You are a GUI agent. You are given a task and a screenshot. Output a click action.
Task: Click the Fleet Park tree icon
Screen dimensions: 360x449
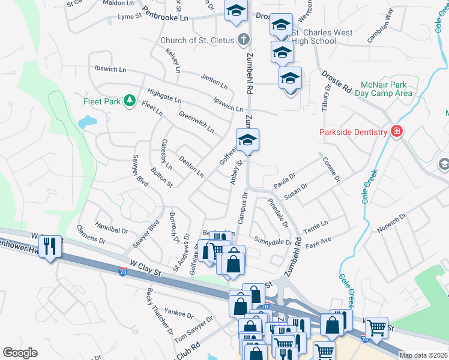click(x=128, y=101)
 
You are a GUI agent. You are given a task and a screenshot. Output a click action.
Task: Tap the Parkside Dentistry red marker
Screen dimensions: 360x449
click(x=396, y=131)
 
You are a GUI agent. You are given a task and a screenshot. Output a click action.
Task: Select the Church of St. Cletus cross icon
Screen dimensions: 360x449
click(x=243, y=41)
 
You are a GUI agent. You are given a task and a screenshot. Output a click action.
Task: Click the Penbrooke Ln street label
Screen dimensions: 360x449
click(x=166, y=14)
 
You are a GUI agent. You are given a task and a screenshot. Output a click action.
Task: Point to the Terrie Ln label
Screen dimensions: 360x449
click(x=316, y=225)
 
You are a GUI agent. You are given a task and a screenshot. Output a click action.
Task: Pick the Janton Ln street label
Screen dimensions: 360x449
click(x=214, y=80)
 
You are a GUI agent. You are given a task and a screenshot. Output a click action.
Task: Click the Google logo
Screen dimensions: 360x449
click(x=20, y=352)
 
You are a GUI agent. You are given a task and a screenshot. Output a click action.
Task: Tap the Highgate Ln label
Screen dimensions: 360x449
click(x=164, y=94)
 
